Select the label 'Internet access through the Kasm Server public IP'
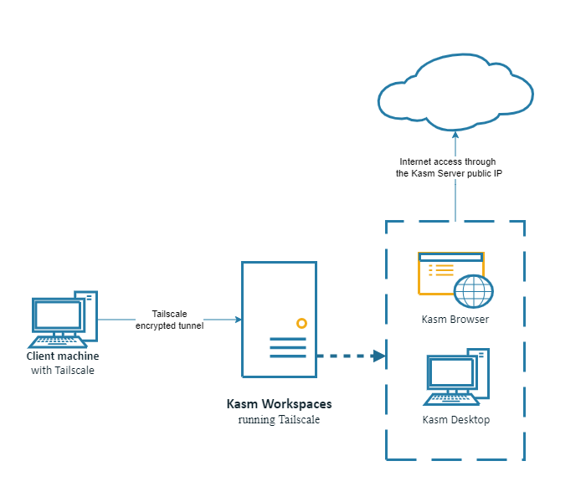(x=449, y=167)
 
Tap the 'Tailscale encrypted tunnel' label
(x=169, y=320)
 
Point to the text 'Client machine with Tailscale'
(x=63, y=363)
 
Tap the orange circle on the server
(x=301, y=323)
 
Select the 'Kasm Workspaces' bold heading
(x=279, y=404)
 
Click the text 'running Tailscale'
(x=279, y=419)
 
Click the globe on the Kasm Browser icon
(x=474, y=292)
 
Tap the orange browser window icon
(x=444, y=272)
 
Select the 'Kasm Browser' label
(x=455, y=320)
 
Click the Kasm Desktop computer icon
(x=457, y=376)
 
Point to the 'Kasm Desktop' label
(x=455, y=420)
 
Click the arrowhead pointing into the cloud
(x=455, y=133)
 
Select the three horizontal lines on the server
(x=287, y=347)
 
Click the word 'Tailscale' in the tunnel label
(x=169, y=314)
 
